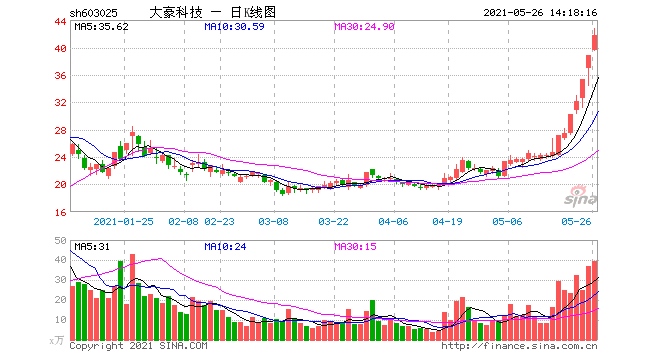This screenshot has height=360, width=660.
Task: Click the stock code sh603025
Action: pyautogui.click(x=96, y=13)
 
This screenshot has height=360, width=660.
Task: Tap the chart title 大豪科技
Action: pyautogui.click(x=176, y=13)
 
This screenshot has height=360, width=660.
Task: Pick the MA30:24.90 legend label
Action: pyautogui.click(x=365, y=27)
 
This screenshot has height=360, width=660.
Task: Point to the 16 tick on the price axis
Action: pyautogui.click(x=61, y=211)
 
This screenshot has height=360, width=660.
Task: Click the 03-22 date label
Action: pyautogui.click(x=333, y=221)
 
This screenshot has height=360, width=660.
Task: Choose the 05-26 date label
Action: pyautogui.click(x=577, y=221)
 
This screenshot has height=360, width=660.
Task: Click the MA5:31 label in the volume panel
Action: pyautogui.click(x=92, y=245)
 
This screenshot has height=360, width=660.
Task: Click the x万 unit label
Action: pyautogui.click(x=59, y=340)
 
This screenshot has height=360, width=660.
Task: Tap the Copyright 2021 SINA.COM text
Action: pyautogui.click(x=138, y=347)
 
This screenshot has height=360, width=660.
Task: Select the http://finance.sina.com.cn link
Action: pyautogui.click(x=519, y=347)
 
